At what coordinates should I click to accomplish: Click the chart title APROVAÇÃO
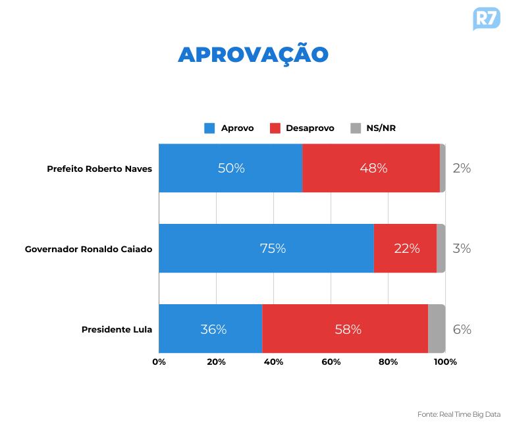253,55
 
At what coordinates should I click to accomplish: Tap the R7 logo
486,18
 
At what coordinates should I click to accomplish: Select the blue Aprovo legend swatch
209,128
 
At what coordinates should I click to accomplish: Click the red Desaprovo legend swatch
275,128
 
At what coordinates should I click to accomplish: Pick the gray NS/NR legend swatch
356,128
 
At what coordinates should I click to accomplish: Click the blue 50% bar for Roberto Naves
230,168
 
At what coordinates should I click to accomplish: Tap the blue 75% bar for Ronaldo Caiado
266,248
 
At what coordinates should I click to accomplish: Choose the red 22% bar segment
405,248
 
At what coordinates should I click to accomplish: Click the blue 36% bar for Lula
210,329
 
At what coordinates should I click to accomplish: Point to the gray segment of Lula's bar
437,329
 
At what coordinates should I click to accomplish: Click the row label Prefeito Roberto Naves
99,169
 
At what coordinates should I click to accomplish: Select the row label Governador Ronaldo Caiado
88,249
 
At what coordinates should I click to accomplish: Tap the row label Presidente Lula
117,329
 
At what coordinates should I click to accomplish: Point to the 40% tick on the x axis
273,361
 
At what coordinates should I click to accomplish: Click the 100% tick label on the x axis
445,361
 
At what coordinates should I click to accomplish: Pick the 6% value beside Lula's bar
462,329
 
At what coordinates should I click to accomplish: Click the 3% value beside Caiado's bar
462,248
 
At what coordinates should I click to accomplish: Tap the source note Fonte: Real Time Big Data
459,414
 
